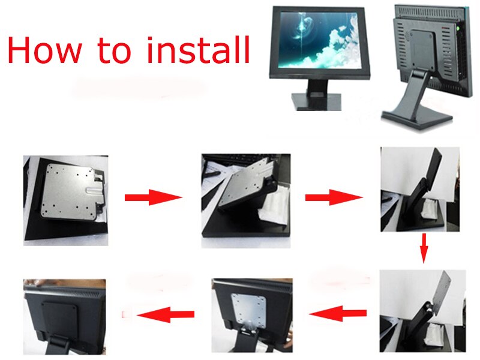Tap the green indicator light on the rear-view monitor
coord(458,27)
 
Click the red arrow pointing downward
coord(423,248)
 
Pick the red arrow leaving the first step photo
coord(152,197)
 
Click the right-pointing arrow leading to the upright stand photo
coord(334,197)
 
